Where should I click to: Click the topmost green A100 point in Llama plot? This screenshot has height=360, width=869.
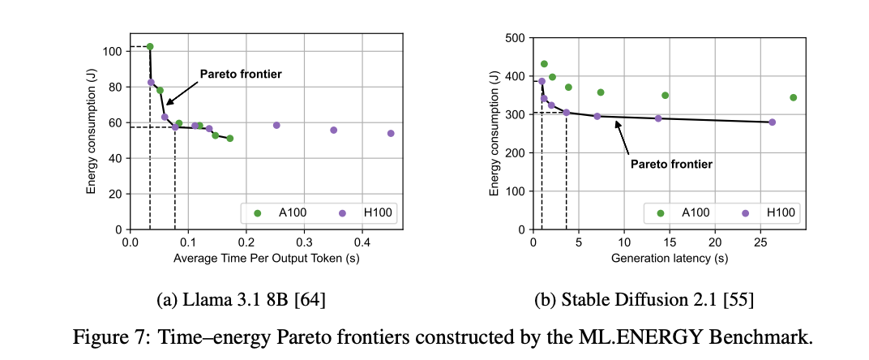[150, 47]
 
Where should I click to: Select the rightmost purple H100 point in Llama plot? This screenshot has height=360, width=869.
[391, 134]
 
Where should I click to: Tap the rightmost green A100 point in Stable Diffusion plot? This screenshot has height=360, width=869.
[793, 97]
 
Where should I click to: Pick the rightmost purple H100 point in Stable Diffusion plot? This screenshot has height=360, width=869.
[772, 122]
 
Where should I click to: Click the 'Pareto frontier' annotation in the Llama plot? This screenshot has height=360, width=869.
[241, 74]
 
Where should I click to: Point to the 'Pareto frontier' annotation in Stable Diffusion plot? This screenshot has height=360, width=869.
[671, 164]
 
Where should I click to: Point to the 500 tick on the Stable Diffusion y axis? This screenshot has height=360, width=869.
[516, 37]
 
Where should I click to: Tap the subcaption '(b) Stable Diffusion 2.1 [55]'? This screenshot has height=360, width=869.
[644, 301]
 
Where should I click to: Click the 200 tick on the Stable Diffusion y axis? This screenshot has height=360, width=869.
[516, 152]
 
